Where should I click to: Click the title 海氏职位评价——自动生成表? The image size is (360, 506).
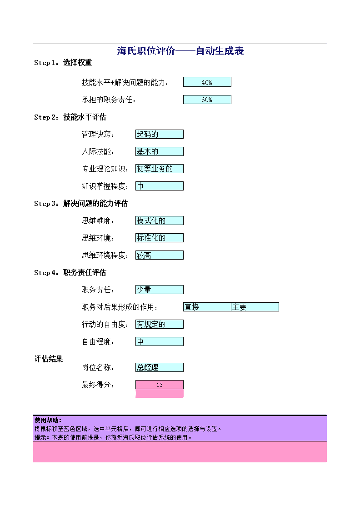coord(180,50)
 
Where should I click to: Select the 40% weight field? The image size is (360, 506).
coord(207,82)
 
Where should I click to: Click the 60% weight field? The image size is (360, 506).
coord(207,100)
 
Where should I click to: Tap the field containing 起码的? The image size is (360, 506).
coord(160,134)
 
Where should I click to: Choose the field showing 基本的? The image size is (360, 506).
coord(160,151)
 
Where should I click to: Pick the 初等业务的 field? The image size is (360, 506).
coord(160,169)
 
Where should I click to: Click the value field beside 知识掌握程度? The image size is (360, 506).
coord(160,186)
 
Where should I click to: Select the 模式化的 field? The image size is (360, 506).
coord(160,220)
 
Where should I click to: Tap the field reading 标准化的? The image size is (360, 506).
coord(160,238)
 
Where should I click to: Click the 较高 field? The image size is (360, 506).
coord(160,255)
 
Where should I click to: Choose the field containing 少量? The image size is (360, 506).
coord(160,290)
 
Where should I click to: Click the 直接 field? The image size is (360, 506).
coord(207,307)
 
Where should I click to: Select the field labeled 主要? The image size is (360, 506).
coord(255,307)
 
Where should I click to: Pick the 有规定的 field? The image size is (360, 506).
coord(160,324)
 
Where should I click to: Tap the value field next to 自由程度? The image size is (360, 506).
coord(160,341)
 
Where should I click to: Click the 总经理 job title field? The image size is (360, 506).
coord(160,367)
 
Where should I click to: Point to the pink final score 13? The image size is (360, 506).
coord(160,385)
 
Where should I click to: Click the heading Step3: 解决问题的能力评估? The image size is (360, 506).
coord(81,204)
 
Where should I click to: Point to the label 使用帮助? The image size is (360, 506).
coord(48,420)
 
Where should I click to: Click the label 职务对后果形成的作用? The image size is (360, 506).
coord(120,307)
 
